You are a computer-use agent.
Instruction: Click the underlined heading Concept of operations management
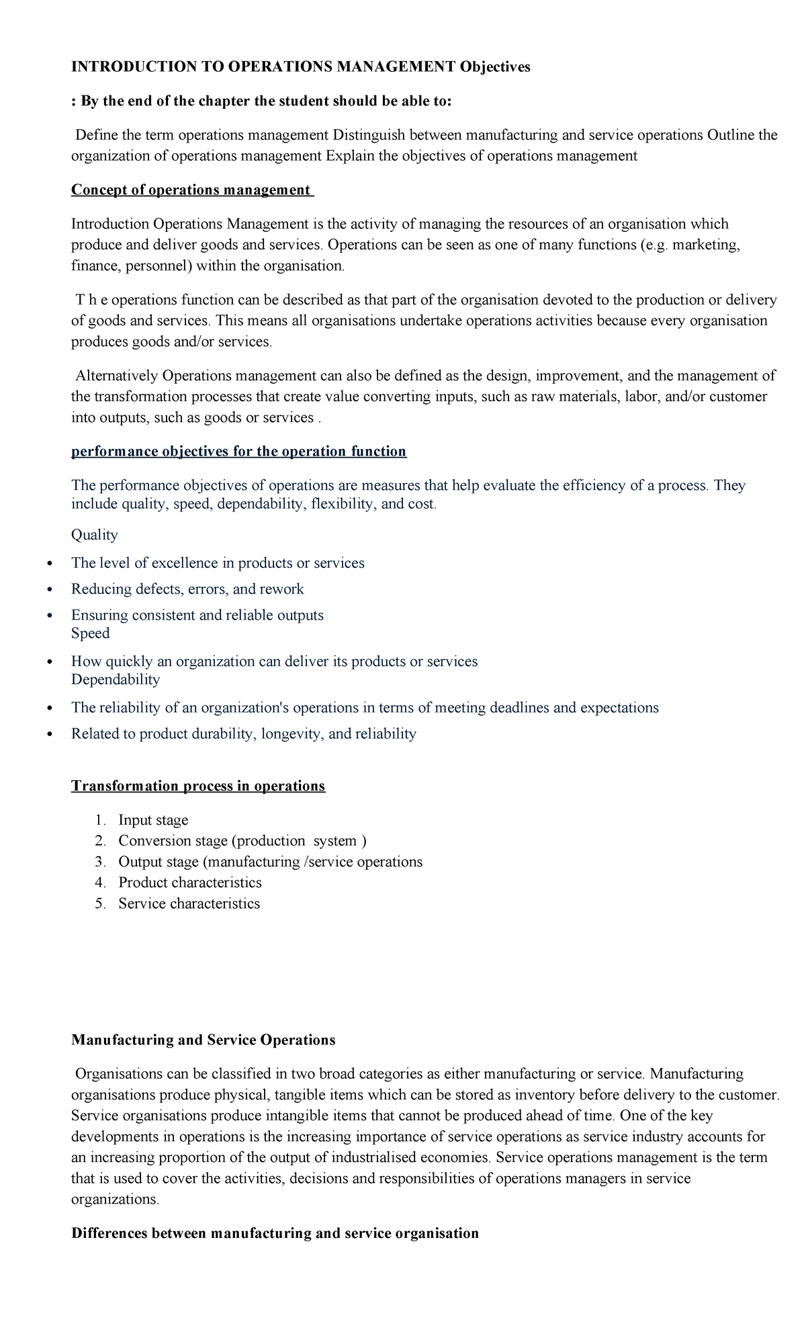click(191, 190)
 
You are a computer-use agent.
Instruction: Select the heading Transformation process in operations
click(198, 786)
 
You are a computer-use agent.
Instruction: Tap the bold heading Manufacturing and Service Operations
click(203, 1040)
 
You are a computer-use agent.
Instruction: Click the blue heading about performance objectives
click(238, 452)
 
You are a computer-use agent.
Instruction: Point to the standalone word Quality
click(94, 535)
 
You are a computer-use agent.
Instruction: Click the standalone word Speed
click(90, 634)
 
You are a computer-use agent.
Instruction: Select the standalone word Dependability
click(116, 679)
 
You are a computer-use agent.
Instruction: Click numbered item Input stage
click(153, 820)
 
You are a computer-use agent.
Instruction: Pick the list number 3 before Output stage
click(100, 862)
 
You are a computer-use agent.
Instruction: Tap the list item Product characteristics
click(190, 883)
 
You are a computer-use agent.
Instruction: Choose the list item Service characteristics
click(189, 904)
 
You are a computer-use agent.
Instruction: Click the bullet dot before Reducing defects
click(49, 590)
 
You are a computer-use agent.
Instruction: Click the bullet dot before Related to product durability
click(49, 735)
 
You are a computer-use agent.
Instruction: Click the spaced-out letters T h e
click(91, 300)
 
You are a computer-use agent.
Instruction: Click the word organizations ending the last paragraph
click(115, 1200)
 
